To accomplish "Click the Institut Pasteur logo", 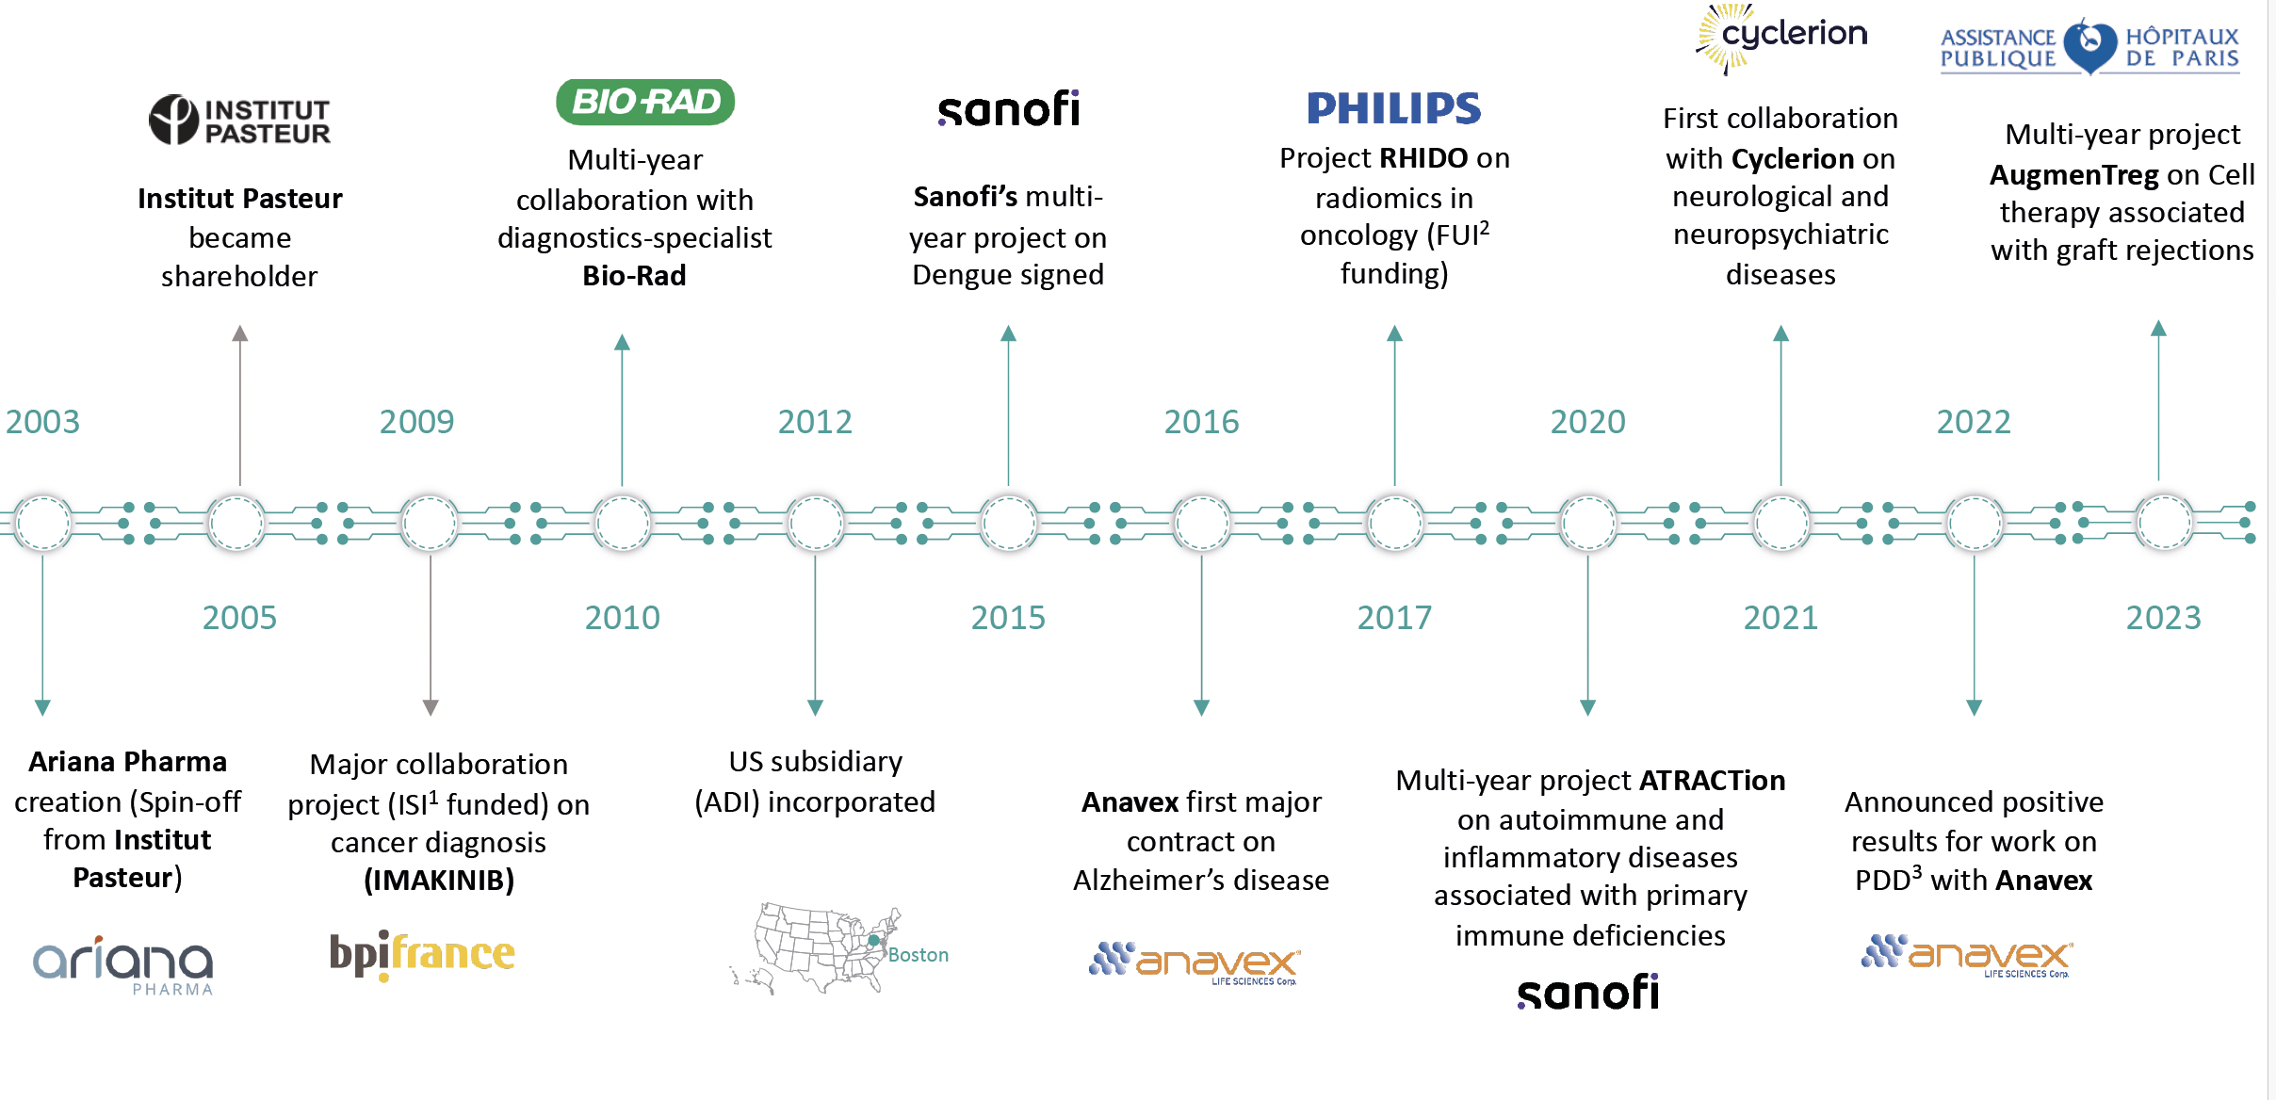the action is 240,120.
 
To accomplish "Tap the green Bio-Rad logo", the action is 645,102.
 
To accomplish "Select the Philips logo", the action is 1394,108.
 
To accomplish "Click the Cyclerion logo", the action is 1780,38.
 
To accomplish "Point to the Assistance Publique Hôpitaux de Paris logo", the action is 2089,47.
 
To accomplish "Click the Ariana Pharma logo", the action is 123,964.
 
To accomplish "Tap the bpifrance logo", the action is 422,955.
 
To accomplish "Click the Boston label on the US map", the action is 919,955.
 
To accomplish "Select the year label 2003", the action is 42,421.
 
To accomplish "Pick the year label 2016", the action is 1201,421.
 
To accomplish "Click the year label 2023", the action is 2163,618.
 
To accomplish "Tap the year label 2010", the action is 622,618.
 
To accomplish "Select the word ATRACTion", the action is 1713,780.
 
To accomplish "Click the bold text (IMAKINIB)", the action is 439,881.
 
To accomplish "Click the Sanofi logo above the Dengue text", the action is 1009,108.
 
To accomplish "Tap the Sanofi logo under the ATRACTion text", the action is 1588,992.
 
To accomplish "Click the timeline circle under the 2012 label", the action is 815,523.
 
